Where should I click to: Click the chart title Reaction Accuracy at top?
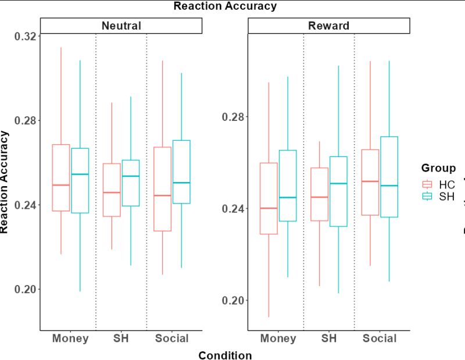click(225, 6)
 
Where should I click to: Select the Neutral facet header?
click(121, 26)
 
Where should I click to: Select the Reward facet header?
click(328, 26)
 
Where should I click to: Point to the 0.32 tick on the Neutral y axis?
click(26, 36)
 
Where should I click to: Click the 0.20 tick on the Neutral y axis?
click(26, 289)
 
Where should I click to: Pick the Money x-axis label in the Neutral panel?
click(70, 338)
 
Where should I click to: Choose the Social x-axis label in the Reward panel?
click(380, 338)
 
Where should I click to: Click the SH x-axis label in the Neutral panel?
click(121, 338)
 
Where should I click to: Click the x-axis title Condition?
click(225, 355)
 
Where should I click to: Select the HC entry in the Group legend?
click(439, 184)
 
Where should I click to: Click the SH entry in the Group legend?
click(439, 197)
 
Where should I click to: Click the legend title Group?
click(438, 169)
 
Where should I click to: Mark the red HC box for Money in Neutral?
click(61, 169)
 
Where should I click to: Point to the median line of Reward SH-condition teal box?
click(338, 183)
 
